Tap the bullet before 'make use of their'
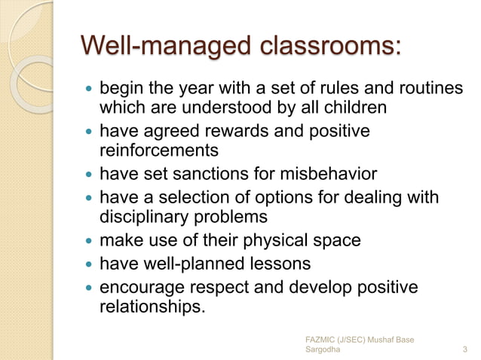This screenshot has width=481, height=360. tap(87, 242)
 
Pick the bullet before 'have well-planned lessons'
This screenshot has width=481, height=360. tap(87, 265)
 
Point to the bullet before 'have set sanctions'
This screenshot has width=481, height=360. tap(87, 175)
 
